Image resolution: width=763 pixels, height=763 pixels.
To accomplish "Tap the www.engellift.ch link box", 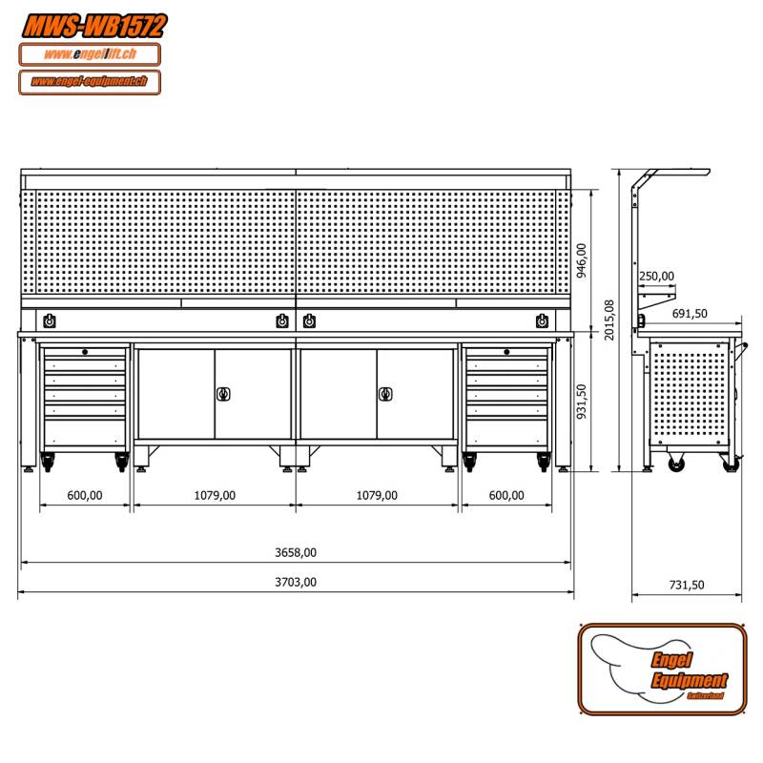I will (90, 54).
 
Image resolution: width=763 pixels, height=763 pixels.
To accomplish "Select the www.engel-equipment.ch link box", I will (90, 82).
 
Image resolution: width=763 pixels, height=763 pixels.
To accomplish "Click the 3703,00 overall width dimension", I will (297, 582).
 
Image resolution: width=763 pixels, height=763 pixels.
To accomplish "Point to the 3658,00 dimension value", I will (297, 552).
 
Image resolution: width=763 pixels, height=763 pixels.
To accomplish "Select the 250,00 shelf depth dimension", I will (656, 277).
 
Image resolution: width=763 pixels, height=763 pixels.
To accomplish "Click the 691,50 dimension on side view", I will (689, 314).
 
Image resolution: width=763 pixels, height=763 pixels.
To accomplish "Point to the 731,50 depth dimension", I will (686, 586).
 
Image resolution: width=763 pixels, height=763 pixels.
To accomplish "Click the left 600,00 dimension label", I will (85, 495).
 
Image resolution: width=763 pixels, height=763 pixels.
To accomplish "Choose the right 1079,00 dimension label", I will (377, 495).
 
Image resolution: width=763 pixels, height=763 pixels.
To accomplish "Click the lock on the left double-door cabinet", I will (224, 393).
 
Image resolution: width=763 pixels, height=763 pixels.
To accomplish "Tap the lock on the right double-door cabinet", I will (386, 393).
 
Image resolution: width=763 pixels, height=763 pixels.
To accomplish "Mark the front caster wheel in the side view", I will (676, 464).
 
